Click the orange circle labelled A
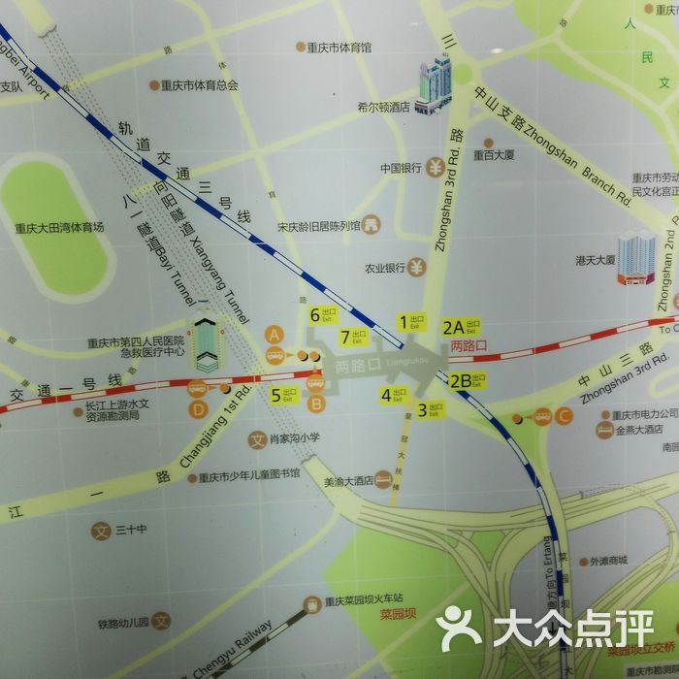point(275,334)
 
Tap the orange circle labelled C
point(565,417)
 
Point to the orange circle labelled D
point(198,408)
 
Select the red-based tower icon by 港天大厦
point(637,257)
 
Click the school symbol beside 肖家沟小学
point(257,438)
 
